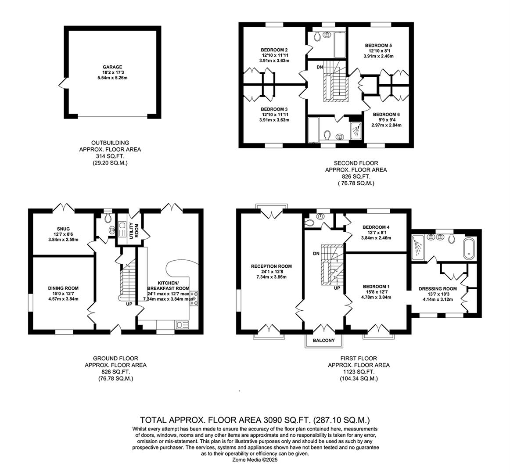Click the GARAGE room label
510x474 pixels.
point(112,67)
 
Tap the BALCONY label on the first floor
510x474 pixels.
point(323,341)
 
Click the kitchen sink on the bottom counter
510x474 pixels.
point(182,325)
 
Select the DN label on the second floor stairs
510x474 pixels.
point(320,67)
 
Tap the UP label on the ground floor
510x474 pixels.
point(129,304)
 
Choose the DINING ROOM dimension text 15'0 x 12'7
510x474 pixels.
point(63,294)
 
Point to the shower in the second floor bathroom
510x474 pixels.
point(356,130)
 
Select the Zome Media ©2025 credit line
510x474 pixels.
point(255,460)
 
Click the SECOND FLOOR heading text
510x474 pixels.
point(356,163)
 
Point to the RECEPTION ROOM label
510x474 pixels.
point(271,266)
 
